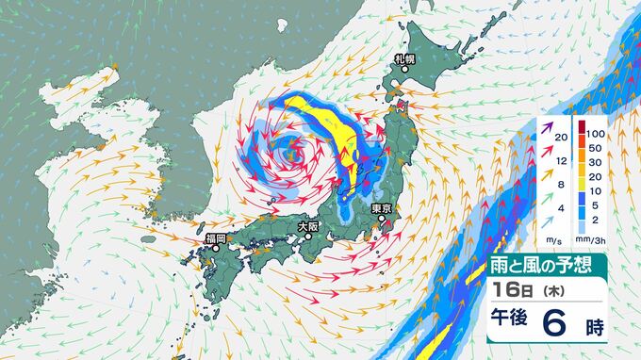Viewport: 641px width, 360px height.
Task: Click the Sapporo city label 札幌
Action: click(x=404, y=60)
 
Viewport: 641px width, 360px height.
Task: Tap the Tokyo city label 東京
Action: click(x=381, y=208)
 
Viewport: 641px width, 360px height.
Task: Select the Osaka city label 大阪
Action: click(x=308, y=226)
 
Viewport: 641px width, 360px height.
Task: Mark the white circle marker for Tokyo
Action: click(x=381, y=220)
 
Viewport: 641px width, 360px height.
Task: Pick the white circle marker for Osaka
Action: click(x=307, y=237)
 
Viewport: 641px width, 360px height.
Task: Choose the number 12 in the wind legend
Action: click(x=562, y=160)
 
